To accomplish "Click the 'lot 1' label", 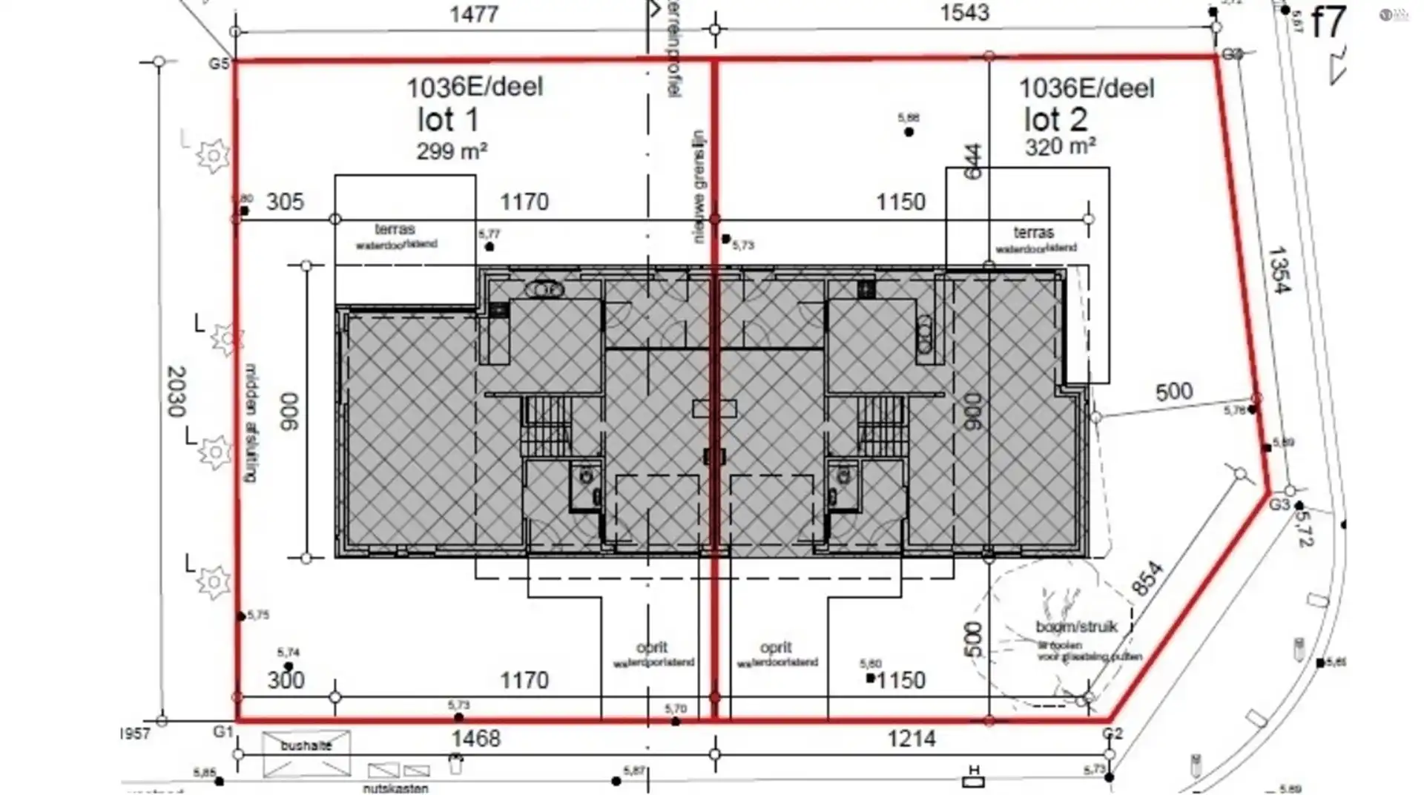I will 448,120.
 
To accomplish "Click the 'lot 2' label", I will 1055,120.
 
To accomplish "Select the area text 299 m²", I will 451,151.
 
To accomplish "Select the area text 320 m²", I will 1060,146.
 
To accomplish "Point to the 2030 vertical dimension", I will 177,391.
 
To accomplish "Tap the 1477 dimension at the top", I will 473,14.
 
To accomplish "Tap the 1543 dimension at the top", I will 964,13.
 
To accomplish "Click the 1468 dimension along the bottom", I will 475,739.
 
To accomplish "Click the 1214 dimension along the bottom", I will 911,739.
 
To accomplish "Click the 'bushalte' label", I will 306,745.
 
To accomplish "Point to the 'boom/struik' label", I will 1076,627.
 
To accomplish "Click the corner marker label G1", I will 222,732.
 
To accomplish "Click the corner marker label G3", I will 1279,505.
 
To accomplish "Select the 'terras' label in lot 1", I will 395,229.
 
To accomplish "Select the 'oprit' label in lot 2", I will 776,647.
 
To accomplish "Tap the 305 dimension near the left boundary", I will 285,202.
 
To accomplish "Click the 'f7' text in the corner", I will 1327,22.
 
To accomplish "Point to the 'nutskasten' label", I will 395,788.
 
